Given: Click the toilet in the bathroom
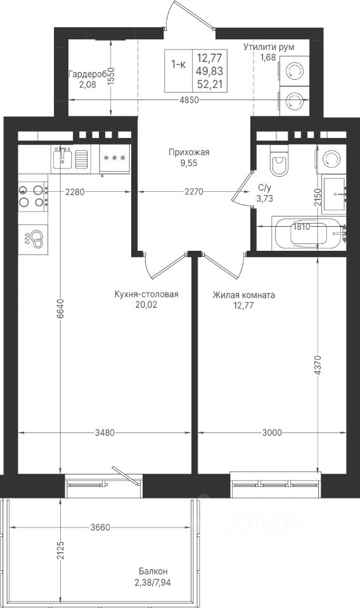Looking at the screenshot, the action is tap(279, 160).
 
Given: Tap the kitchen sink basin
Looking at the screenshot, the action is tap(61, 158).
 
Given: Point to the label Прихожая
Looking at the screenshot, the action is tap(188, 153).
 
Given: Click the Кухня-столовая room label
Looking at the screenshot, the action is tap(146, 294).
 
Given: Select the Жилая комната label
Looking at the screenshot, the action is tap(243, 295).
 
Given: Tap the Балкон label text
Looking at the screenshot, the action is tap(153, 571).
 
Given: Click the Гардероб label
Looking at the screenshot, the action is tap(87, 74).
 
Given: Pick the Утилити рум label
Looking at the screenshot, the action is tap(269, 47).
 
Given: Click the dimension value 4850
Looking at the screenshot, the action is tap(190, 100).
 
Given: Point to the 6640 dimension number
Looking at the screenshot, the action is tap(60, 309).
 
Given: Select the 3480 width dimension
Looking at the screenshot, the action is tap(105, 433).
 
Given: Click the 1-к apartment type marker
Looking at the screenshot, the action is tap(178, 65).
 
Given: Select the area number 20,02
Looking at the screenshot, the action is tap(146, 305).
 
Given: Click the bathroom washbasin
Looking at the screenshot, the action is tap(333, 196).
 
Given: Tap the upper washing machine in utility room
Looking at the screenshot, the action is tap(295, 72).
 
